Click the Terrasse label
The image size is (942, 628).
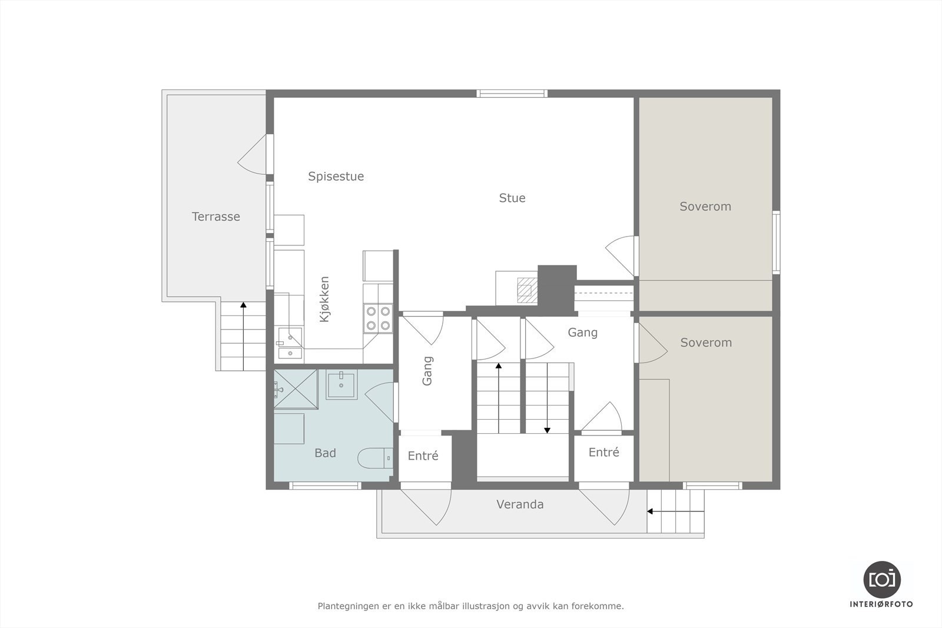216,217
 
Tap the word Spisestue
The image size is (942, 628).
336,177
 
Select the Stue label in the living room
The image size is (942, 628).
512,198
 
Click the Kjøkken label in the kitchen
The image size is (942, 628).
324,299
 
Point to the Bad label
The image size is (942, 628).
325,453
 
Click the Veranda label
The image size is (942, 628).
520,504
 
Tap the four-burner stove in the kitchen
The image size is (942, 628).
378,318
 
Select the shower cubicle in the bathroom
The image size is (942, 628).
296,389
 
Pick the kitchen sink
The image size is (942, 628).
290,344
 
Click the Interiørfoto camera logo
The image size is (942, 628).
881,579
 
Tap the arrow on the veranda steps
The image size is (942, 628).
650,511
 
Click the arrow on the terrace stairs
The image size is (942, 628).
243,305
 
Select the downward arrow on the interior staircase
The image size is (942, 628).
547,430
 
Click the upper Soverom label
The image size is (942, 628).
705,207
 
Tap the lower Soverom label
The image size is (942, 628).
705,343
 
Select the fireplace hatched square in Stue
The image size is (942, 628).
524,290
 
